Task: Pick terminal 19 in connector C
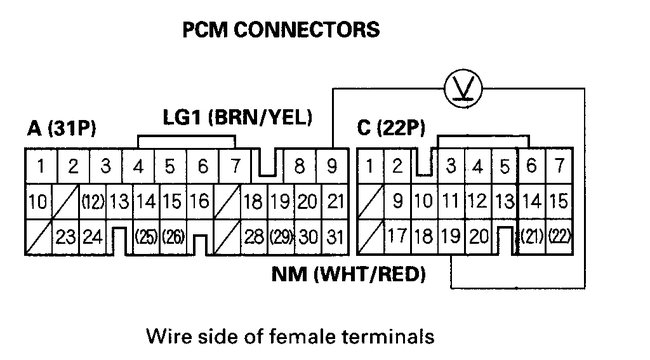[x=452, y=237]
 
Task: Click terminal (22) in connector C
[x=559, y=237]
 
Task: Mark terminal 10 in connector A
[x=36, y=201]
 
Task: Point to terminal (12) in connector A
[x=93, y=201]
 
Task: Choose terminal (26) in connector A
[x=171, y=237]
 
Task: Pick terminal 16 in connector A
[x=198, y=201]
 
